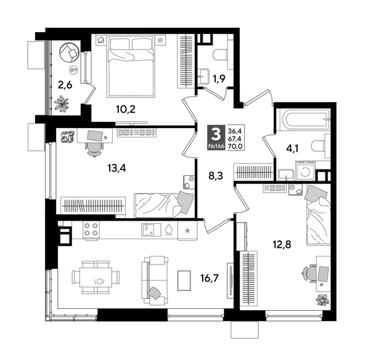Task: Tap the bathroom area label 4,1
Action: point(293,147)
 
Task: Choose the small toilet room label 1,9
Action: point(219,78)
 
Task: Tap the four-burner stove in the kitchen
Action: point(92,231)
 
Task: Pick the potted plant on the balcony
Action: point(61,105)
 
